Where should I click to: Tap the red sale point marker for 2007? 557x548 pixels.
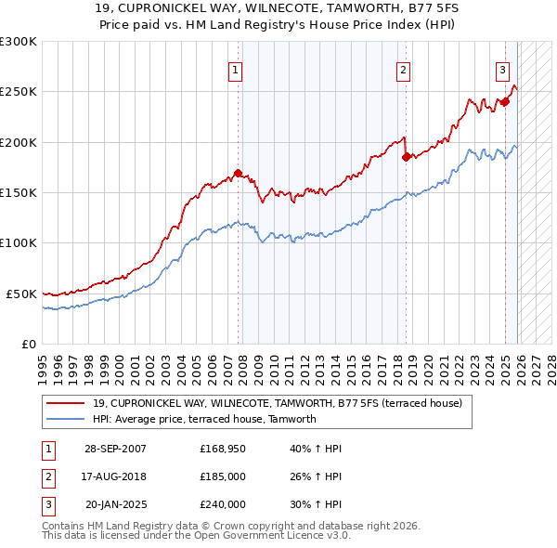[238, 173]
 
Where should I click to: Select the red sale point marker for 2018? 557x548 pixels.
[406, 157]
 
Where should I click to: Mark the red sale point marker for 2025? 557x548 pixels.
[505, 102]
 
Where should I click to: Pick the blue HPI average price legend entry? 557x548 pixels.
[204, 419]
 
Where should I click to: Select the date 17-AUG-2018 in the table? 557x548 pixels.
[115, 476]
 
